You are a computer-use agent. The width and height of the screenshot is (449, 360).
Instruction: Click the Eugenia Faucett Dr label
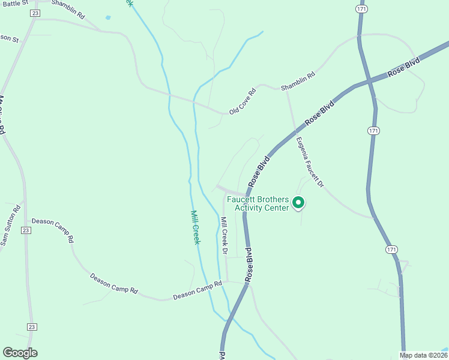click(x=310, y=162)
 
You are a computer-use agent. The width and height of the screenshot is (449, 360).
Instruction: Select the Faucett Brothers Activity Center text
click(x=262, y=203)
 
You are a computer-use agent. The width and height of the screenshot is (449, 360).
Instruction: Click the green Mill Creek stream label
click(x=195, y=227)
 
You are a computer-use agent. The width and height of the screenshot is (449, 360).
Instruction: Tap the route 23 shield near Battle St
click(x=35, y=13)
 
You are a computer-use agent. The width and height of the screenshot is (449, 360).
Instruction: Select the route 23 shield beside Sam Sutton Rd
click(x=25, y=230)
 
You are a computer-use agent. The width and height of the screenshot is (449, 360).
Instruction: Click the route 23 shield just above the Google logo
click(x=32, y=326)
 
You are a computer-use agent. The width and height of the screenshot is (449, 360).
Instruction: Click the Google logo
click(x=20, y=353)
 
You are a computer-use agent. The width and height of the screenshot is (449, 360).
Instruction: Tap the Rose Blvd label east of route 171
click(x=405, y=65)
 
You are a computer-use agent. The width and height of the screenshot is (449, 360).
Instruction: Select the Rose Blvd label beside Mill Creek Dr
click(x=249, y=265)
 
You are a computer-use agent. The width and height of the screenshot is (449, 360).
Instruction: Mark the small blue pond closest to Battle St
click(x=108, y=17)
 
